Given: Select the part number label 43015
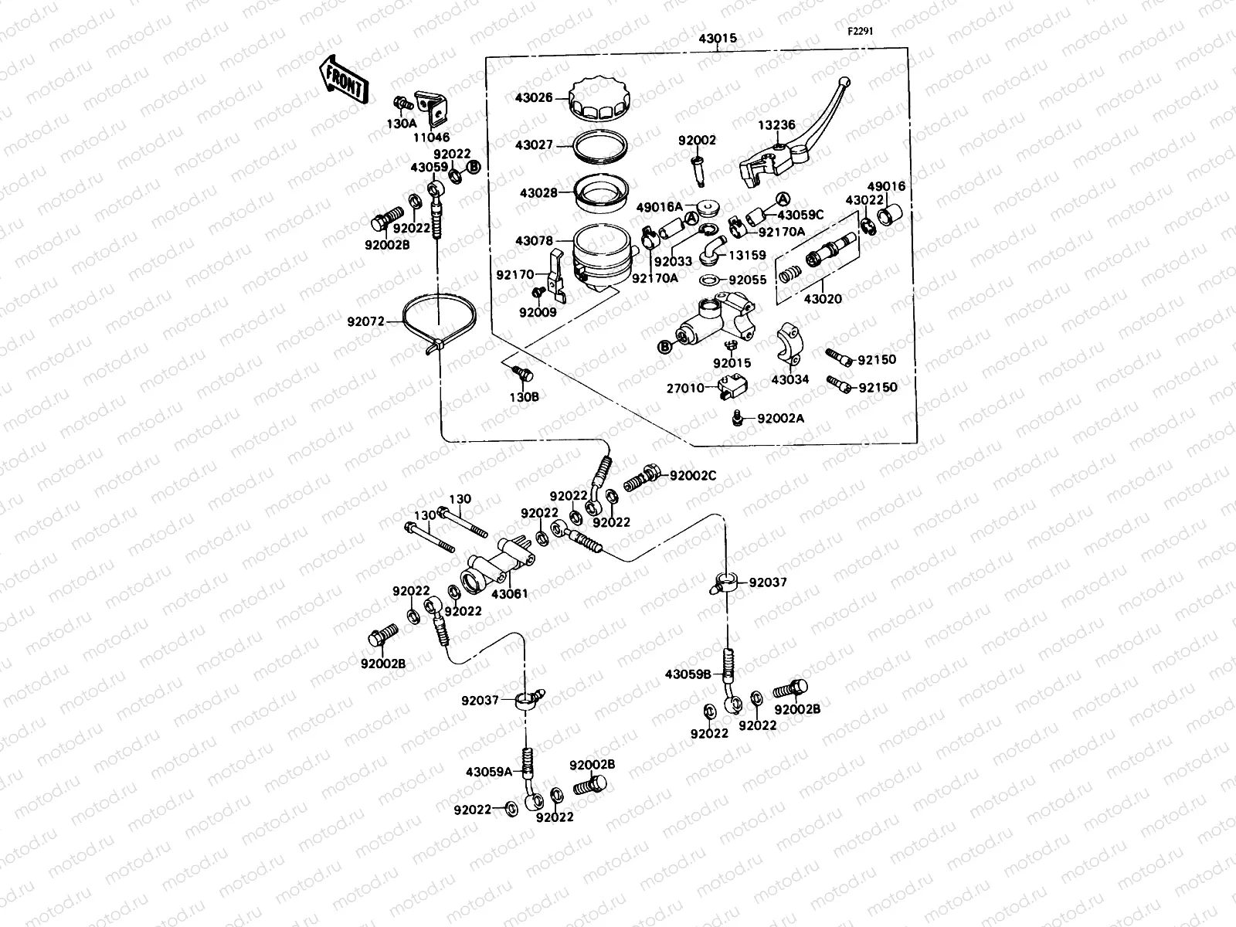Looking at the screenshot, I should (x=718, y=37).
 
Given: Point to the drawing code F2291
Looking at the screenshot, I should (x=863, y=32).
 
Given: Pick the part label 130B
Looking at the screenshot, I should (x=524, y=396).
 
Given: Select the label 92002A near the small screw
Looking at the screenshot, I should (x=780, y=418).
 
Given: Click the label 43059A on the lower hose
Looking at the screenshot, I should (x=489, y=771).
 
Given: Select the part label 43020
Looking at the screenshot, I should (x=822, y=299).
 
